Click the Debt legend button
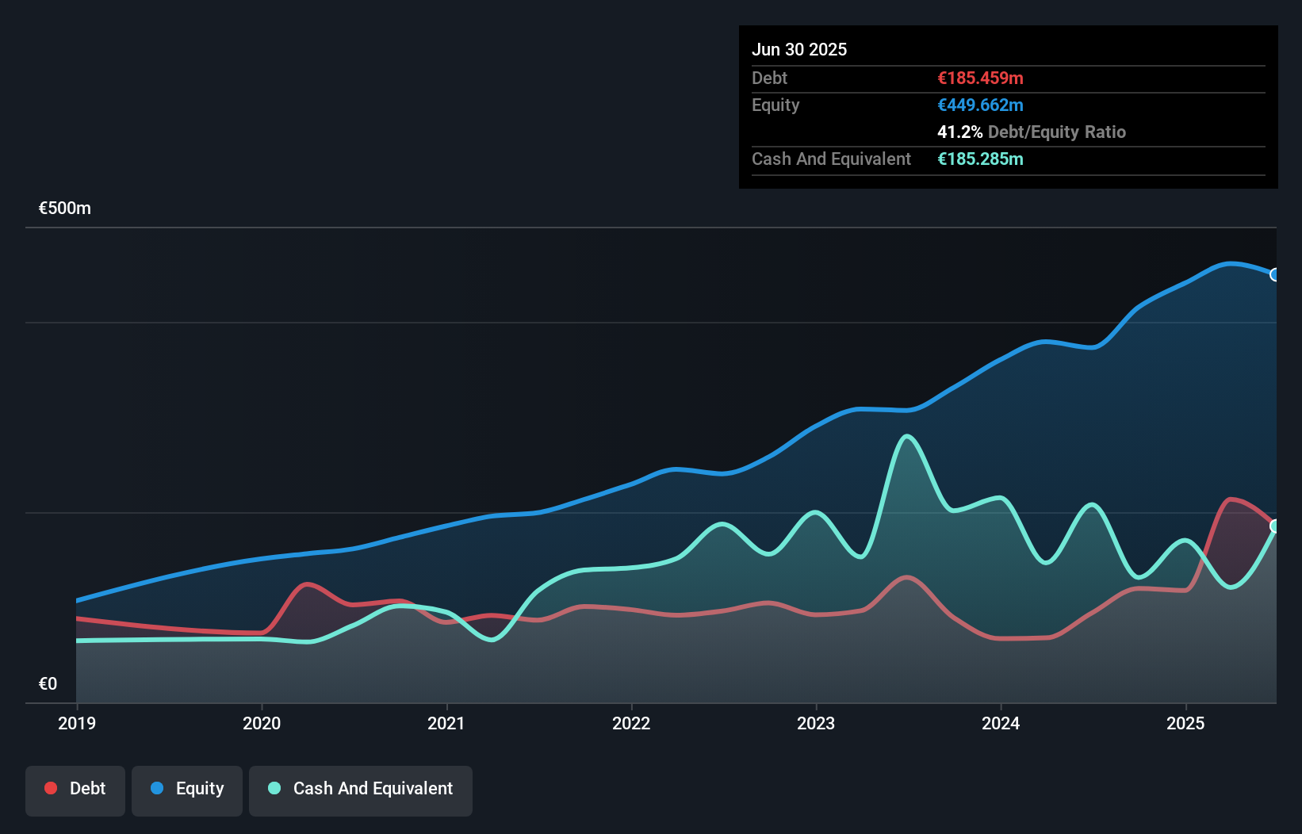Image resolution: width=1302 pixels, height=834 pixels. (75, 789)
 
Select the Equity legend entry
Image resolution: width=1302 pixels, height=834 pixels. (187, 789)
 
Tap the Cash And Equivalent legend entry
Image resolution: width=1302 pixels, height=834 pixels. (361, 789)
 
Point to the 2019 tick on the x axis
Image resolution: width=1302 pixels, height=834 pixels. (77, 723)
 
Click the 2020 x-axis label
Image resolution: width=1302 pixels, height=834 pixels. (262, 723)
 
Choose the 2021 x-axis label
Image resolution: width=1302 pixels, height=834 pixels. (446, 723)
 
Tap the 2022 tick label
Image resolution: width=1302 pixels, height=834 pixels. (631, 723)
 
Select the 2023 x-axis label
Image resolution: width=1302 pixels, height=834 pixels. (816, 723)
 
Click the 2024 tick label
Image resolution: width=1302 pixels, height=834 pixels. (1001, 723)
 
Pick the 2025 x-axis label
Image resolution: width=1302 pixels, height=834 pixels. (1185, 723)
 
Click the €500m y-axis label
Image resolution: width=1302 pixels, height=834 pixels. (65, 208)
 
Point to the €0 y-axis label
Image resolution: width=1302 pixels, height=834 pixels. (48, 683)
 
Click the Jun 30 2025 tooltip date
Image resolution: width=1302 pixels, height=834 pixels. (799, 49)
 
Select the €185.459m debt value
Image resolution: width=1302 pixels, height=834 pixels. (980, 78)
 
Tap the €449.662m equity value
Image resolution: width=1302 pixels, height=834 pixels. (980, 105)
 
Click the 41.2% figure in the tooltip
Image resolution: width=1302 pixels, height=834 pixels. (959, 132)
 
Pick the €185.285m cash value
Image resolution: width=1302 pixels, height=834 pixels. (980, 159)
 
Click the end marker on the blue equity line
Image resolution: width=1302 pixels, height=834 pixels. (1275, 274)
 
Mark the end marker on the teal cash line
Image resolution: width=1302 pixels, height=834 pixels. (1275, 526)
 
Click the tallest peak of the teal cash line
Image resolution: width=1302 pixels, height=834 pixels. (907, 436)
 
